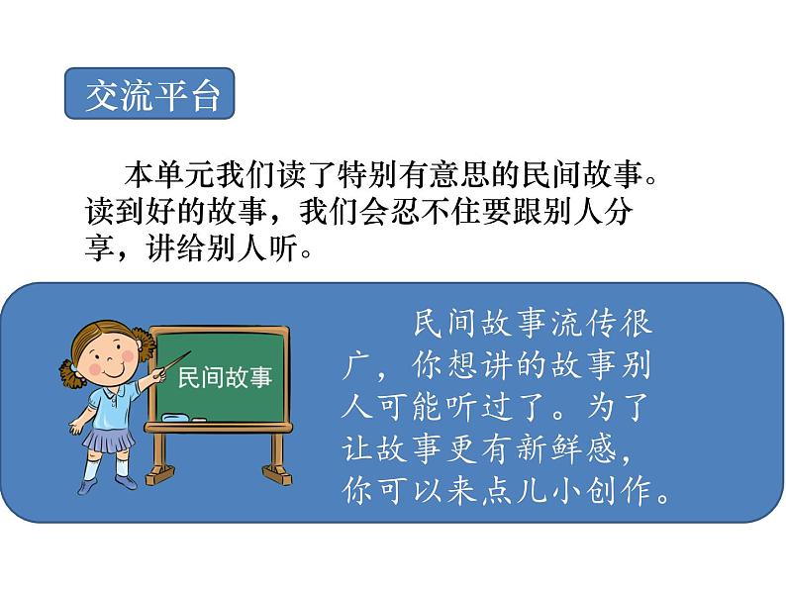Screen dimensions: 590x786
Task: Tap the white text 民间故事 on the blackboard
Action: (224, 378)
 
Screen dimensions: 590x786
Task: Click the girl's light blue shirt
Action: (109, 401)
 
